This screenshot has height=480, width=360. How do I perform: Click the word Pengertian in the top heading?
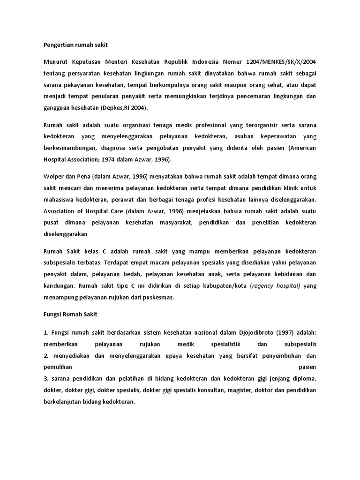55,45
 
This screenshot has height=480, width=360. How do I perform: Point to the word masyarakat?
175,222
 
